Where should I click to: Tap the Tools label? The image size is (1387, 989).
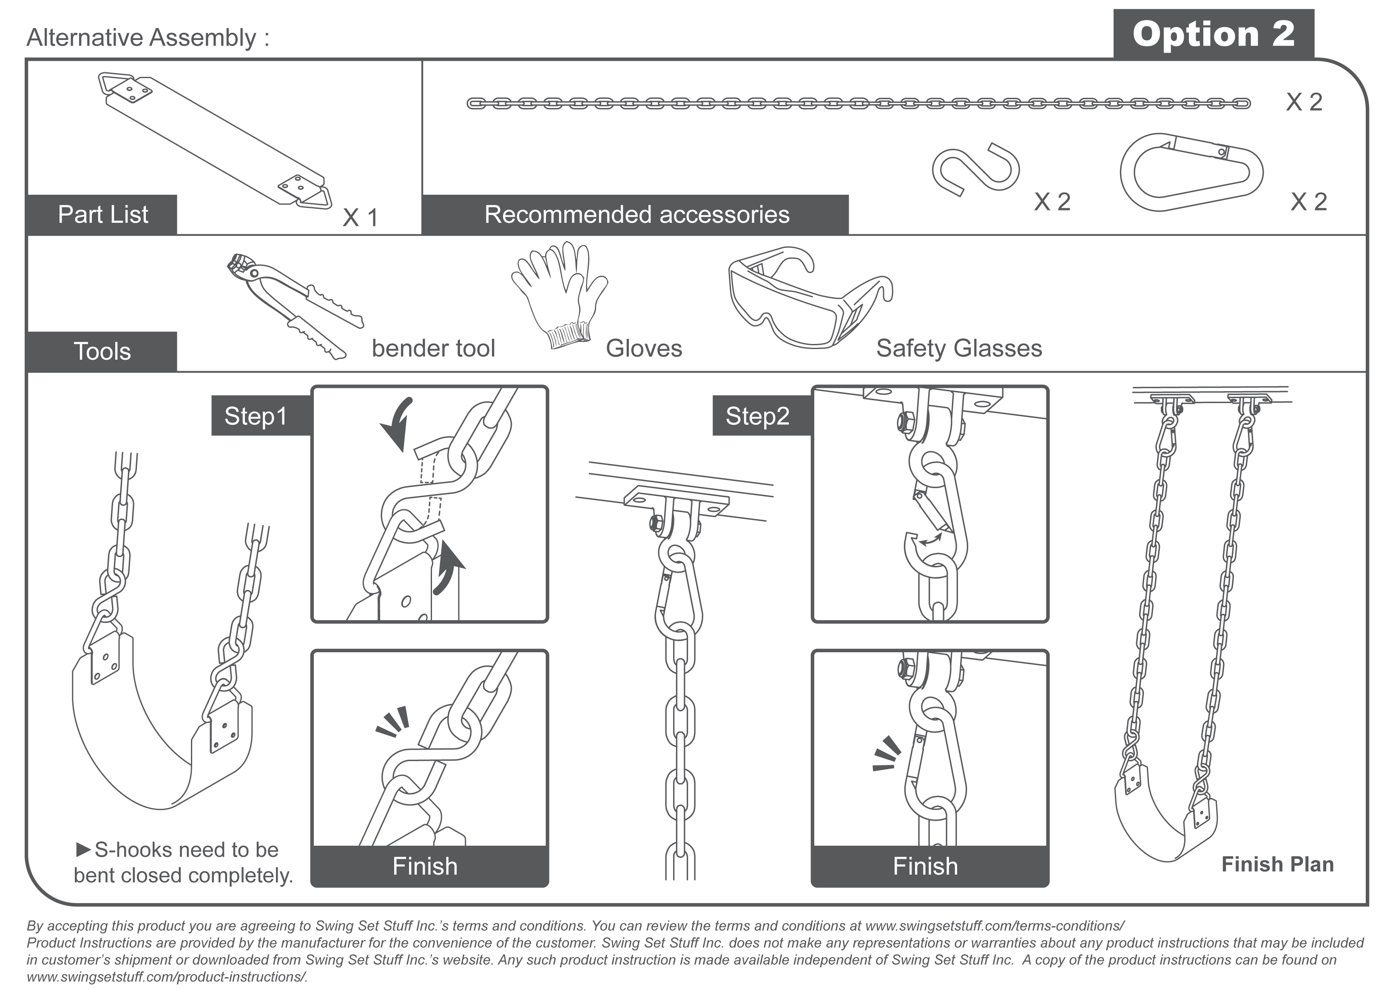tap(102, 351)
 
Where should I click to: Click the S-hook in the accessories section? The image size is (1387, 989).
tap(975, 169)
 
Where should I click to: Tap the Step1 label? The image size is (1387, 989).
tap(255, 416)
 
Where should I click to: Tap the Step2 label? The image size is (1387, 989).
tap(757, 416)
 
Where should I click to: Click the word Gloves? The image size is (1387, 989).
tap(644, 348)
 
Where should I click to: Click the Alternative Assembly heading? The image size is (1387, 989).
tap(148, 38)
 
